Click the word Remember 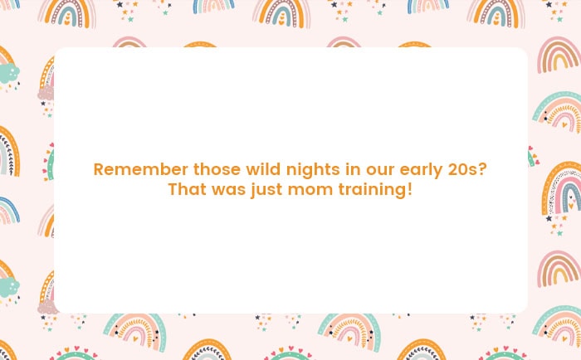pyautogui.click(x=141, y=169)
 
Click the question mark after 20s pyautogui.click(x=482, y=169)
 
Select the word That pyautogui.click(x=187, y=189)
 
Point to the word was pyautogui.click(x=228, y=191)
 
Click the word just pyautogui.click(x=266, y=191)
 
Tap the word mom pyautogui.click(x=310, y=191)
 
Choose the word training pyautogui.click(x=373, y=191)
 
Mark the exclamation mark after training pyautogui.click(x=409, y=189)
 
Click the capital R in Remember pyautogui.click(x=99, y=169)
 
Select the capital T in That pyautogui.click(x=173, y=189)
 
